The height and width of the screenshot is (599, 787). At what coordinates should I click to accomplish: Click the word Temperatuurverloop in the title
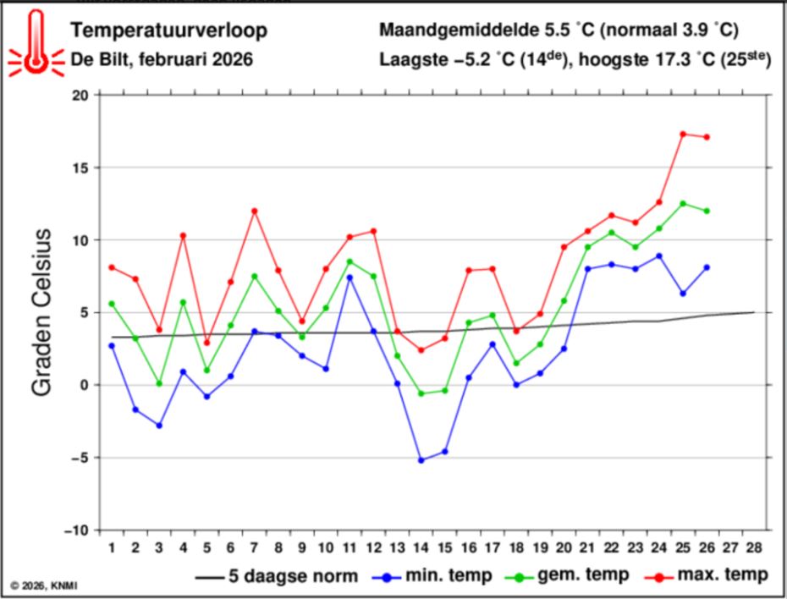pyautogui.click(x=168, y=31)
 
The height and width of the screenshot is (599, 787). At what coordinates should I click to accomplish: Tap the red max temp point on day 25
pyautogui.click(x=682, y=134)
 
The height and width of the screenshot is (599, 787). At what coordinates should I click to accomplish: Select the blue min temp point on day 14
pyautogui.click(x=421, y=460)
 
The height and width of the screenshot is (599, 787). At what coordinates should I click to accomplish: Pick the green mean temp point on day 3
pyautogui.click(x=159, y=383)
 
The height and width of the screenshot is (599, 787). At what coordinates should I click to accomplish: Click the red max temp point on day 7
pyautogui.click(x=254, y=211)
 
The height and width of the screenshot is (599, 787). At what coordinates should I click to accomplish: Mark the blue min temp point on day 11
pyautogui.click(x=349, y=278)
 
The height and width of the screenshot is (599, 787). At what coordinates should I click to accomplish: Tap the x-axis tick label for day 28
pyautogui.click(x=754, y=547)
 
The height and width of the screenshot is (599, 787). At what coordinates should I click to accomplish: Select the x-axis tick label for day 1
pyautogui.click(x=112, y=547)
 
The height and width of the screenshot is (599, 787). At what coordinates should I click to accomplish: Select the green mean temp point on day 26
pyautogui.click(x=707, y=211)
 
